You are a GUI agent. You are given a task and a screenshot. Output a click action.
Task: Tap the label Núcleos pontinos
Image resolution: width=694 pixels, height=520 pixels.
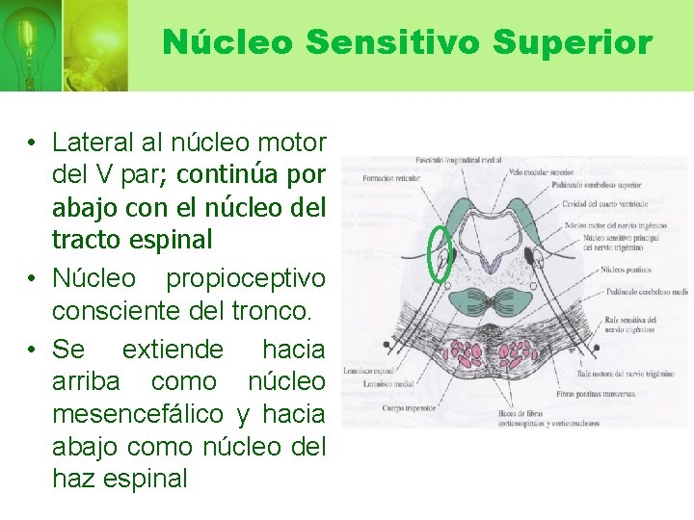coord(625,271)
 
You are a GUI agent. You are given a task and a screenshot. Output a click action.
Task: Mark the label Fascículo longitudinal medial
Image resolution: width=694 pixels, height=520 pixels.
coord(457,160)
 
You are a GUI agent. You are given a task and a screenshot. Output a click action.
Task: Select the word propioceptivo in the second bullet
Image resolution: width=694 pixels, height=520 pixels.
coord(246,279)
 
